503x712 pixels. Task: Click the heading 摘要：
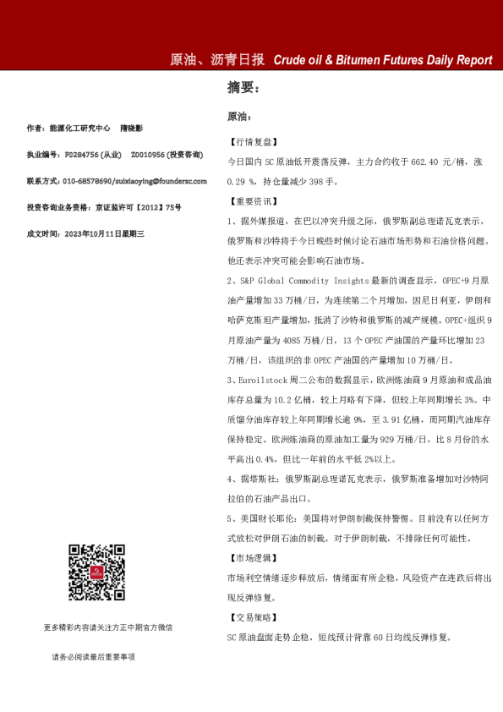pyautogui.click(x=243, y=87)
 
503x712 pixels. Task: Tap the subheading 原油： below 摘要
pyautogui.click(x=240, y=116)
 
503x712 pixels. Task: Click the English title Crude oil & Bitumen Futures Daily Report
pyautogui.click(x=383, y=60)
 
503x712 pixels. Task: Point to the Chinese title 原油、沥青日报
pyautogui.click(x=218, y=60)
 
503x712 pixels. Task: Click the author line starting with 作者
pyautogui.click(x=85, y=129)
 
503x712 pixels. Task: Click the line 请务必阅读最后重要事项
pyautogui.click(x=93, y=656)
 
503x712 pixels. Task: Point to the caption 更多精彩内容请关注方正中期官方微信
pyautogui.click(x=108, y=627)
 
